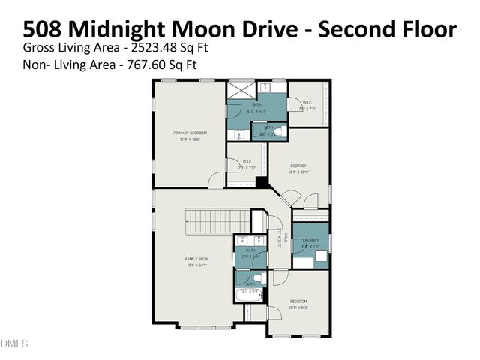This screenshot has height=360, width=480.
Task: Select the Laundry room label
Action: (310, 241)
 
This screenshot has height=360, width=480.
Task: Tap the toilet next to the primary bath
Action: (278, 132)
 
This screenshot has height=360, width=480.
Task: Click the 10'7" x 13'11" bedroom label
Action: (298, 169)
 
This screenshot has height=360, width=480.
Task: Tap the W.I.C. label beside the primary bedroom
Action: (246, 165)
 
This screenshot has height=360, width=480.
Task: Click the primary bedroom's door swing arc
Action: (216, 179)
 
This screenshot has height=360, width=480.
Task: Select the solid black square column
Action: (261, 181)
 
